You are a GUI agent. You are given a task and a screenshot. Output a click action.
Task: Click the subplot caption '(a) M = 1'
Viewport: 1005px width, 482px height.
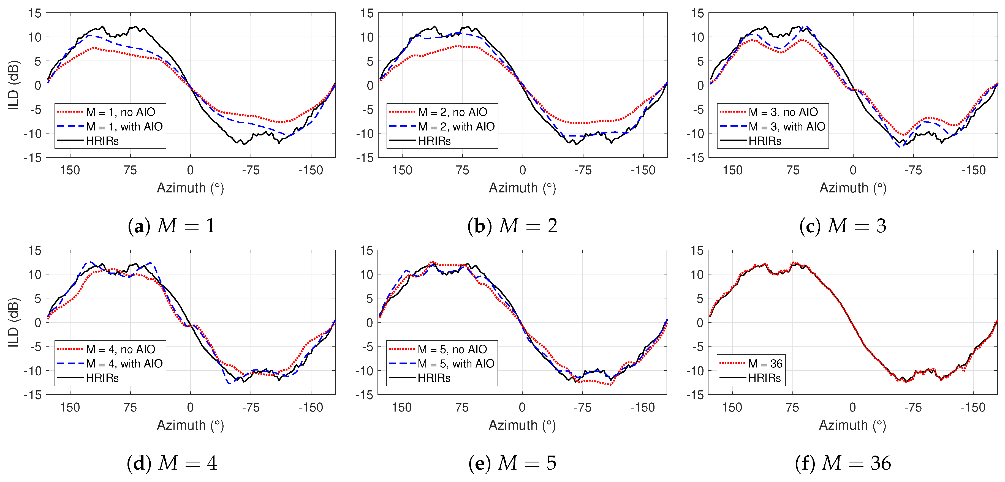coord(172,226)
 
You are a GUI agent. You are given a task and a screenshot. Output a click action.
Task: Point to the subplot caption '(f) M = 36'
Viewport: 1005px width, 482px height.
coord(843,463)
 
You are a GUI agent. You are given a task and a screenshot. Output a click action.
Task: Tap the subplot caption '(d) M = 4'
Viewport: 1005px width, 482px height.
coord(172,463)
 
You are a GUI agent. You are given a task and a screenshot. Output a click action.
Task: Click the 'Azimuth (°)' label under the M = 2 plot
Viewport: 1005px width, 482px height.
coord(522,188)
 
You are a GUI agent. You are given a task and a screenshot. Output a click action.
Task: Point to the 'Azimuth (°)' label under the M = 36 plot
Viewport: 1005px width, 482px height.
coord(852,425)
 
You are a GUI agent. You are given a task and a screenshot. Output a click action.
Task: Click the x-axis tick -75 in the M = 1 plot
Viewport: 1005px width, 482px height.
coord(251,170)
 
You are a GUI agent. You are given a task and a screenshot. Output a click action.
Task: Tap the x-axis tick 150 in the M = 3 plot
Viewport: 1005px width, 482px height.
coord(732,170)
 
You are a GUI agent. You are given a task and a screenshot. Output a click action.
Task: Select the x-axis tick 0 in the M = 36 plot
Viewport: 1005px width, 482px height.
coord(852,407)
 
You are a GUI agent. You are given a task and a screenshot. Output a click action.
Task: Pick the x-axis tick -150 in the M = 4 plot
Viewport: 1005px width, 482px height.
coord(311,407)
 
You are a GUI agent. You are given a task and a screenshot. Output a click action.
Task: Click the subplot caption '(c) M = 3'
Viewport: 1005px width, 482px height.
coord(843,226)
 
